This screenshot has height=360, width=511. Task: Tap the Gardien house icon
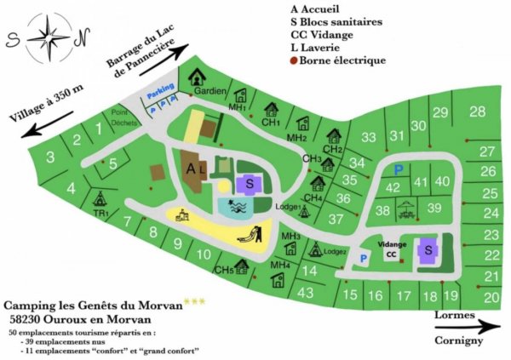pyautogui.click(x=198, y=76)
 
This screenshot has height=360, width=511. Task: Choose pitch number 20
pyautogui.click(x=491, y=297)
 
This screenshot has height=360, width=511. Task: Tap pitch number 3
pyautogui.click(x=50, y=156)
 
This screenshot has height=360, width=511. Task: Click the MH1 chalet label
pyautogui.click(x=237, y=108)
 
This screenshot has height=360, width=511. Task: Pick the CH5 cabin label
pyautogui.click(x=224, y=271)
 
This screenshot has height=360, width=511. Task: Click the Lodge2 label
pyautogui.click(x=335, y=252)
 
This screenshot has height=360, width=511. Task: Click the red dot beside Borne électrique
pyautogui.click(x=294, y=60)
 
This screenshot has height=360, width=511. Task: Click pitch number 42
pyautogui.click(x=393, y=186)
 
